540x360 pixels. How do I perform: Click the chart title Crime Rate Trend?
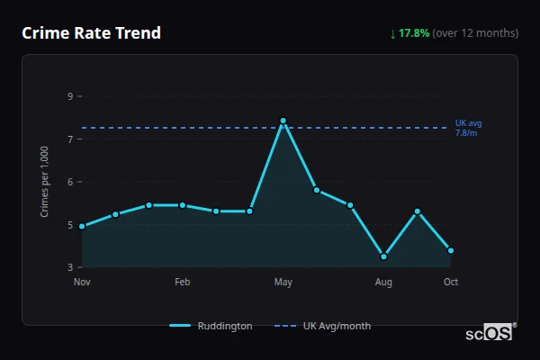click(x=92, y=33)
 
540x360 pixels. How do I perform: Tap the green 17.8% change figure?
click(x=414, y=33)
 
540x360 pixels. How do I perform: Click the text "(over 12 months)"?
click(x=475, y=33)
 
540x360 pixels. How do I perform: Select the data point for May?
click(x=283, y=121)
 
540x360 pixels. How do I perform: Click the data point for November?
click(x=82, y=227)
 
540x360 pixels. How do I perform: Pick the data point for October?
click(x=451, y=250)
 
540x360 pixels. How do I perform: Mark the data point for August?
click(x=383, y=256)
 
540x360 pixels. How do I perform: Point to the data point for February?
click(x=183, y=205)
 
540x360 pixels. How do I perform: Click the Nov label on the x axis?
click(x=82, y=282)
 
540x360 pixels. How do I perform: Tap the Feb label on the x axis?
click(x=183, y=282)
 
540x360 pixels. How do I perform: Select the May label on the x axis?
click(x=283, y=282)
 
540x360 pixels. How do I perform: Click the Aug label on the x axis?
click(x=383, y=282)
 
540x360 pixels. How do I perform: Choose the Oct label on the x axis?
click(x=451, y=282)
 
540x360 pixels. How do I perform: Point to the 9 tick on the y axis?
click(x=69, y=96)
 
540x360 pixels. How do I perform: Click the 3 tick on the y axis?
click(x=69, y=267)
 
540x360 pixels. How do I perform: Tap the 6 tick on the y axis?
click(x=69, y=182)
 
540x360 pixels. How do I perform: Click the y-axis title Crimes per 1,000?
click(x=44, y=182)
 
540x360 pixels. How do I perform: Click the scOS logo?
click(x=490, y=332)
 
